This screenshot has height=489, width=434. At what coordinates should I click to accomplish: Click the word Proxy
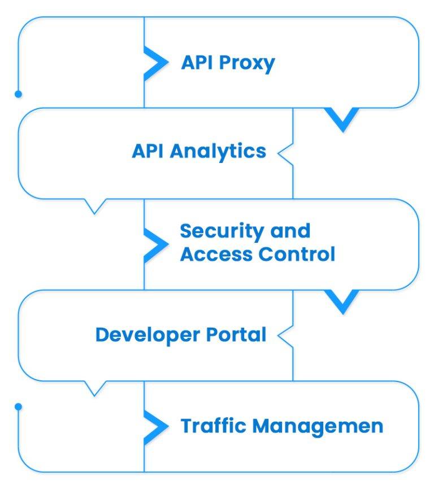pos(246,63)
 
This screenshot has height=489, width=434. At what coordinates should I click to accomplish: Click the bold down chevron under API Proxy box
pos(342,119)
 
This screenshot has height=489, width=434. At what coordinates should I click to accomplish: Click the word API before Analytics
pos(148,151)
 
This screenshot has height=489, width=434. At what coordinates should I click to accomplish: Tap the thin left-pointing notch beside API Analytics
pos(284,152)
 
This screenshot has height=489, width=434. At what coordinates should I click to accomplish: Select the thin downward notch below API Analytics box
pos(95,205)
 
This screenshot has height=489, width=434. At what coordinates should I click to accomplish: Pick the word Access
pos(216,254)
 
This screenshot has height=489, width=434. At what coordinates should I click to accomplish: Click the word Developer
pos(144,335)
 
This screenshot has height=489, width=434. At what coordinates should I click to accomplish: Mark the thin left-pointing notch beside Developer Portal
pos(284,335)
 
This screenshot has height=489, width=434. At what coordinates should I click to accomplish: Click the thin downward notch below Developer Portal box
pos(95,388)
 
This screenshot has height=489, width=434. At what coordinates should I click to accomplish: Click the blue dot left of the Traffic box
pos(18,406)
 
